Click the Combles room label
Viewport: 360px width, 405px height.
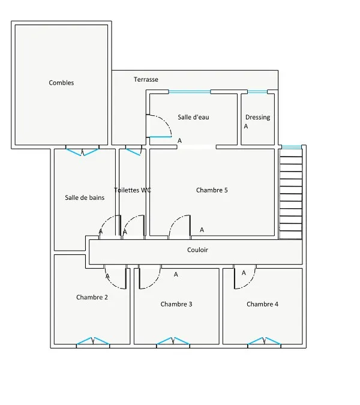tap(61, 83)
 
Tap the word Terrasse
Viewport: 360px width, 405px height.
tap(146, 79)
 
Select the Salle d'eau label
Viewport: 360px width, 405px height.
tap(193, 117)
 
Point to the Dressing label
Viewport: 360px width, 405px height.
tap(258, 117)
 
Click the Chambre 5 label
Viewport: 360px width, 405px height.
tap(212, 190)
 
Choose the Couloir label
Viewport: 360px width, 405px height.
tap(197, 250)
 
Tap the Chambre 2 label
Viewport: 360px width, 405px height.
tap(92, 297)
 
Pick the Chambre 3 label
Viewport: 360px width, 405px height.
tap(176, 304)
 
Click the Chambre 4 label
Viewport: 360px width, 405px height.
tap(262, 304)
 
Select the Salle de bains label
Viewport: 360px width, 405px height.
tap(85, 197)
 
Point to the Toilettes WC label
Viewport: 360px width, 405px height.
tap(133, 190)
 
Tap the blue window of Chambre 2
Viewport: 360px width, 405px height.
tap(93, 341)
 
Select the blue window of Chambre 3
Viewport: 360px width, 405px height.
tap(173, 341)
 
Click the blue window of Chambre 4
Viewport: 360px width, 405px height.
tap(264, 341)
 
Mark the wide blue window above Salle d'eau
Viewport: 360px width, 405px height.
tap(190, 92)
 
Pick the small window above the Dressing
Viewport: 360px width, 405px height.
tap(257, 92)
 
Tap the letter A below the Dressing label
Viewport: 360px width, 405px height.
tap(246, 127)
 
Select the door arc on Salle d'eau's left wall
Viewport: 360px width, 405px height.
tap(165, 121)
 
